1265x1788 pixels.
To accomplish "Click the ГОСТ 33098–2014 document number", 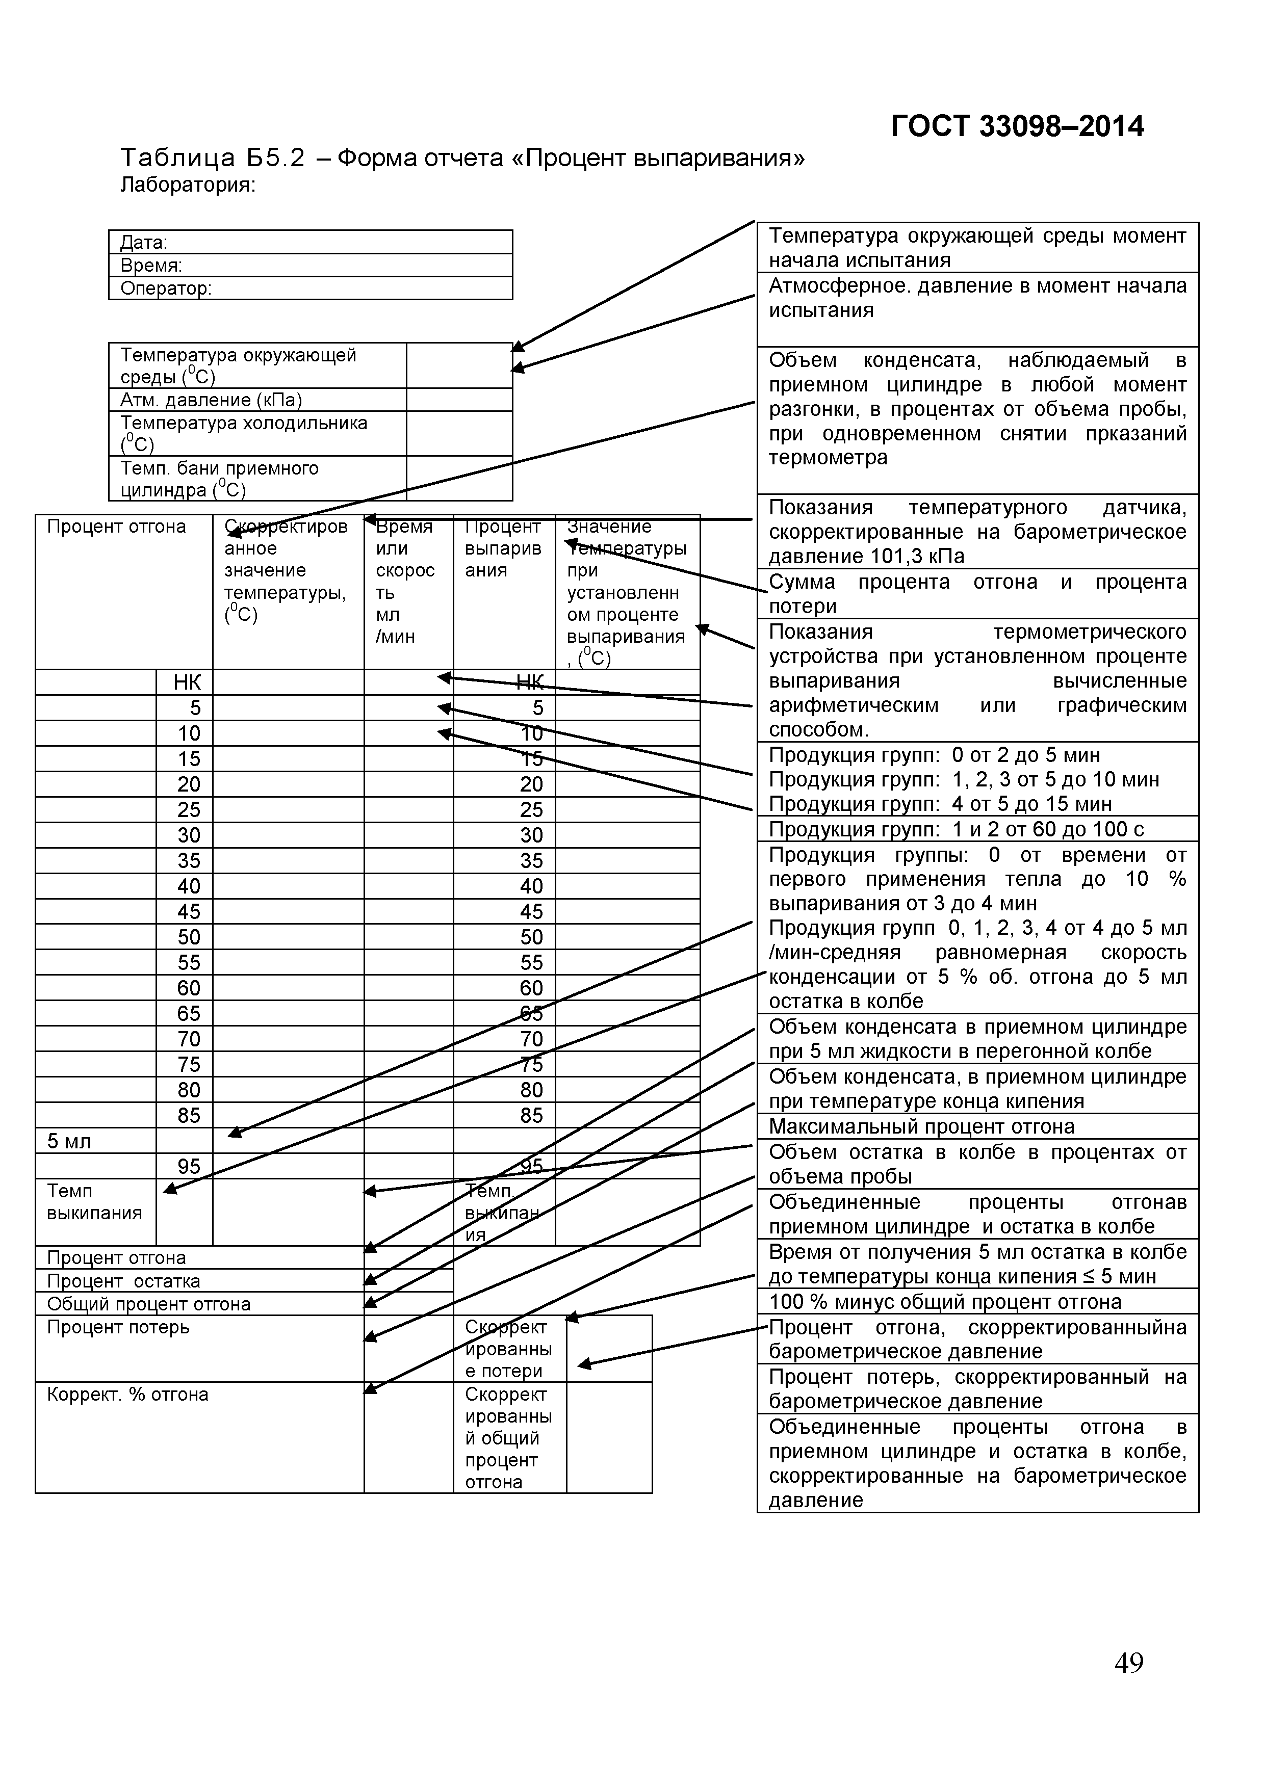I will (x=1017, y=126).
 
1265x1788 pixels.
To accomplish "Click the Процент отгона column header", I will (x=117, y=527).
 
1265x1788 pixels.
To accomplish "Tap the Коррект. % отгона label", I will (x=128, y=1394).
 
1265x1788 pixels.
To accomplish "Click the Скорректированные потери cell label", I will (x=508, y=1349).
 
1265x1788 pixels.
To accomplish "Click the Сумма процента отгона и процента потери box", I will (x=977, y=593).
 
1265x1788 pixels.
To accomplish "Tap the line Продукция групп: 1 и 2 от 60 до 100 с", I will (x=957, y=829).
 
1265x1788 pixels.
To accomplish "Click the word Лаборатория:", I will (x=188, y=186).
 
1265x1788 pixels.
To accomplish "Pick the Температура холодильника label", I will (x=244, y=433).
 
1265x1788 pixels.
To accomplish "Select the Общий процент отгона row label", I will (x=149, y=1304).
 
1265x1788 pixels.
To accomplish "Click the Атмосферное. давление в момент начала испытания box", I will (x=977, y=298).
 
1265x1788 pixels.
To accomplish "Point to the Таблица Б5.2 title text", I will (x=462, y=158).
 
